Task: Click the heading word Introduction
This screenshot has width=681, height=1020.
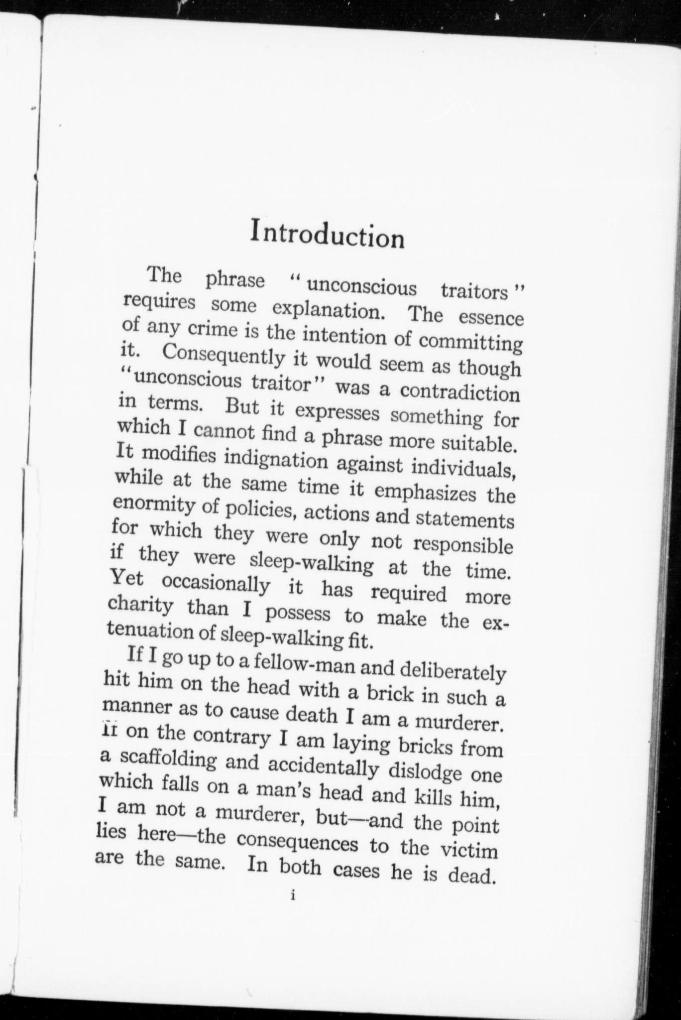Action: click(328, 235)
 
